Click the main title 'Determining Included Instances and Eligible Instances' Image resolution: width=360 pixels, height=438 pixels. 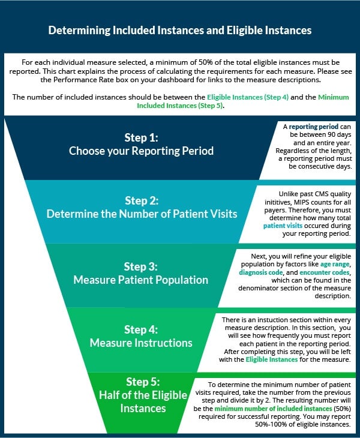tap(180, 29)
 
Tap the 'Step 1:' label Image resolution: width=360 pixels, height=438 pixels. tap(141, 137)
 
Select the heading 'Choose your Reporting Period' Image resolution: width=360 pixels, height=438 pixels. tap(141, 151)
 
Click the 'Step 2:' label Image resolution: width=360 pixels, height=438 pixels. tap(141, 200)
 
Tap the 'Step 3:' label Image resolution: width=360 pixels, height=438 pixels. tap(141, 266)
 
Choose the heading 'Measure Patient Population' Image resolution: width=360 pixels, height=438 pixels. tap(141, 280)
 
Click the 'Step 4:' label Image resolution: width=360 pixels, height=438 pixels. tap(141, 329)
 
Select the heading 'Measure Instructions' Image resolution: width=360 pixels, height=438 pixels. tap(141, 343)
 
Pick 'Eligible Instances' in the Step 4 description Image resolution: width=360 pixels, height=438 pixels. tap(271, 359)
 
